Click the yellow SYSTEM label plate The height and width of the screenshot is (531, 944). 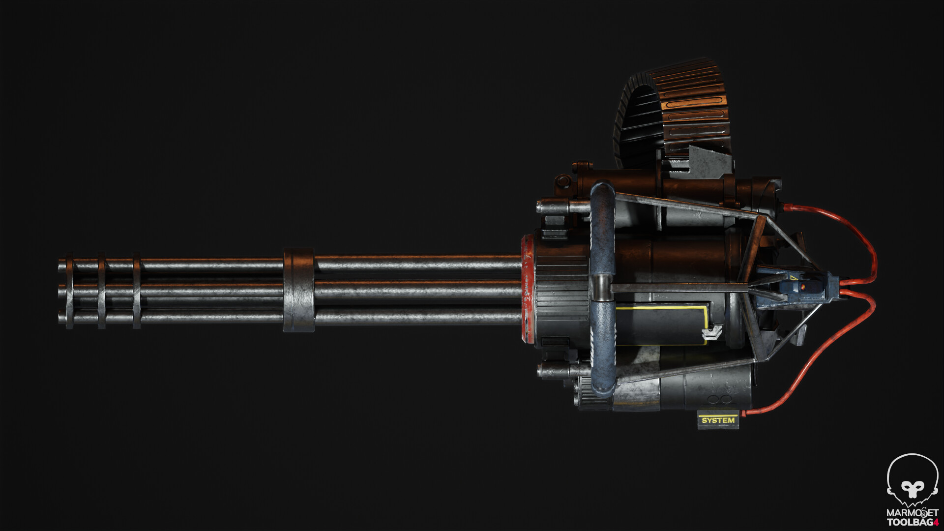click(x=718, y=420)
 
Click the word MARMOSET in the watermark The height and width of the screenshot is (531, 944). click(x=912, y=513)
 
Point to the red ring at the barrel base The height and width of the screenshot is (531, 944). click(x=527, y=290)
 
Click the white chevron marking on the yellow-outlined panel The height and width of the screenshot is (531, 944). click(x=709, y=333)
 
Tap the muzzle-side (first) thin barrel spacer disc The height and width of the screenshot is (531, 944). click(x=69, y=290)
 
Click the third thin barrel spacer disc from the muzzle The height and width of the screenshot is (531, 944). click(x=136, y=290)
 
